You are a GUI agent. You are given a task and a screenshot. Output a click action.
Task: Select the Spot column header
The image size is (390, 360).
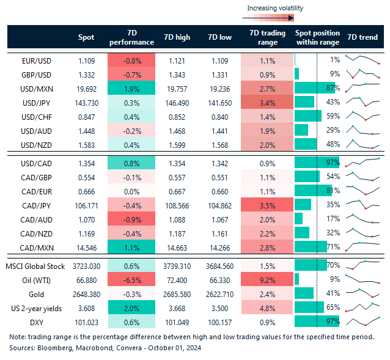(86, 37)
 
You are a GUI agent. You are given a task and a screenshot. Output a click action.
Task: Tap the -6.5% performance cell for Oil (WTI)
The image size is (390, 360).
(131, 279)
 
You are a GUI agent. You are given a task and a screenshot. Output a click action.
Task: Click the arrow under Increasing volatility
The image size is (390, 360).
(274, 18)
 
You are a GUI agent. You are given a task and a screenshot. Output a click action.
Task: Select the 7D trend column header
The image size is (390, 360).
(362, 37)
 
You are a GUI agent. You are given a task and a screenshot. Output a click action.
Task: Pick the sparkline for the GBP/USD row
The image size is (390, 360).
(362, 74)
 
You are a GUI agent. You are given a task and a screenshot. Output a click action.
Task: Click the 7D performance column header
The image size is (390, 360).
(131, 37)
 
